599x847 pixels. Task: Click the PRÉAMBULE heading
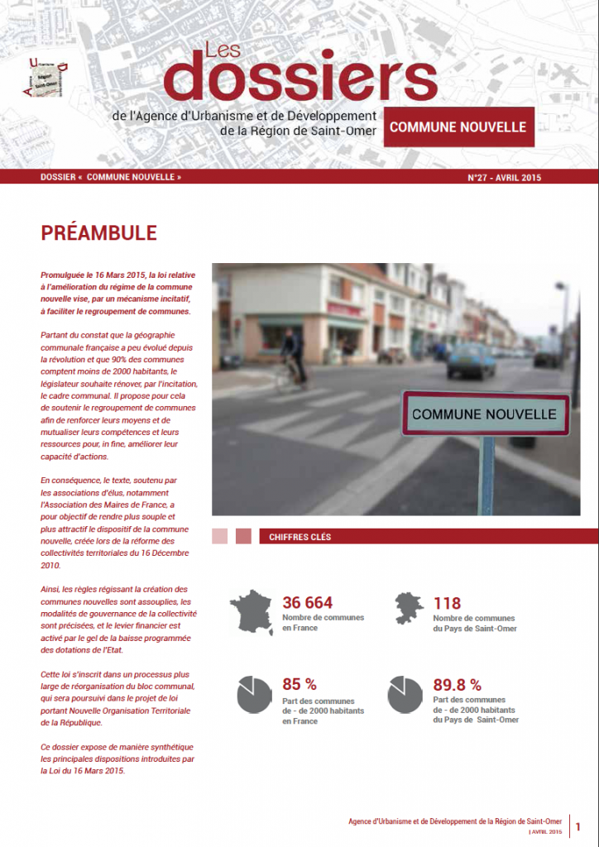(98, 233)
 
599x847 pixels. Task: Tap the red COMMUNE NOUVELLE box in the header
(458, 127)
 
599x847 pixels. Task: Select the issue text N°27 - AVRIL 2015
(505, 178)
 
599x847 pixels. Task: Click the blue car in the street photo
(471, 361)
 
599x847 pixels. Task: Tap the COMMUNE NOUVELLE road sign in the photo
(485, 413)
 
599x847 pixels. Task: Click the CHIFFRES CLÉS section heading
(299, 537)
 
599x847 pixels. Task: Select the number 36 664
(308, 603)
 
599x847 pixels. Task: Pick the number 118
(447, 603)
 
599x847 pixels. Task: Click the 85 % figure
(299, 685)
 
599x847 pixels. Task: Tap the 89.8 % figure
(458, 685)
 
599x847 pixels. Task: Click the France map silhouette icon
(250, 612)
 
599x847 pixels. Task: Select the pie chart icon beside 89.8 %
(405, 695)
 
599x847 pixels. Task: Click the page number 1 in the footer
(578, 825)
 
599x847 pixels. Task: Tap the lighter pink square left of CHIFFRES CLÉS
(219, 537)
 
